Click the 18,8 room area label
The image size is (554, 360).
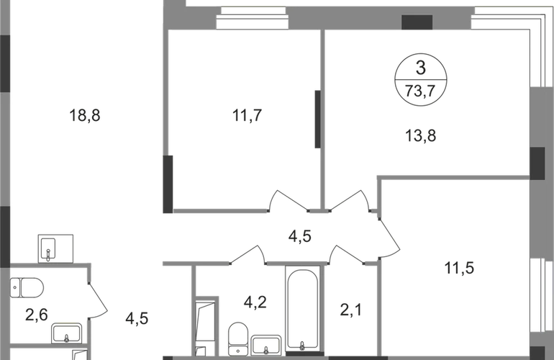(85, 115)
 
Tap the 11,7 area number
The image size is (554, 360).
(247, 115)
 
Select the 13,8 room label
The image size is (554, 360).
(420, 135)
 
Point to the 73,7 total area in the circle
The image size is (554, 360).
(420, 91)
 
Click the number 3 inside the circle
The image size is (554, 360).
(420, 68)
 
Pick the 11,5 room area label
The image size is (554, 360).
(459, 268)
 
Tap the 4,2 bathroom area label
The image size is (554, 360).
(255, 302)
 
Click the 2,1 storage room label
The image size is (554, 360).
(351, 310)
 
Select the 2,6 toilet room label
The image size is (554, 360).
(37, 315)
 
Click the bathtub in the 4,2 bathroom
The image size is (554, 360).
(302, 310)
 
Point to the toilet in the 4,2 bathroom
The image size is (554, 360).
(238, 339)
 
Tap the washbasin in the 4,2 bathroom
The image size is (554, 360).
(266, 345)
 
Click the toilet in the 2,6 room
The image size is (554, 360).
(27, 287)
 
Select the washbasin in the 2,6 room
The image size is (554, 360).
(67, 333)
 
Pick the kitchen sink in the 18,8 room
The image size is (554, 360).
(55, 248)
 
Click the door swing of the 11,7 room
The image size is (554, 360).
(287, 201)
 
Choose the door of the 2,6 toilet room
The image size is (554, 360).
(97, 300)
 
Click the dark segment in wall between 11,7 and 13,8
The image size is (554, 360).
(317, 120)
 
